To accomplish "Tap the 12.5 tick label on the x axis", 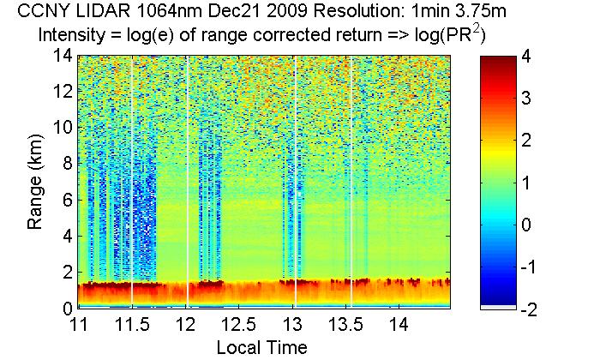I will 240,326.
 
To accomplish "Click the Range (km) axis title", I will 36,182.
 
